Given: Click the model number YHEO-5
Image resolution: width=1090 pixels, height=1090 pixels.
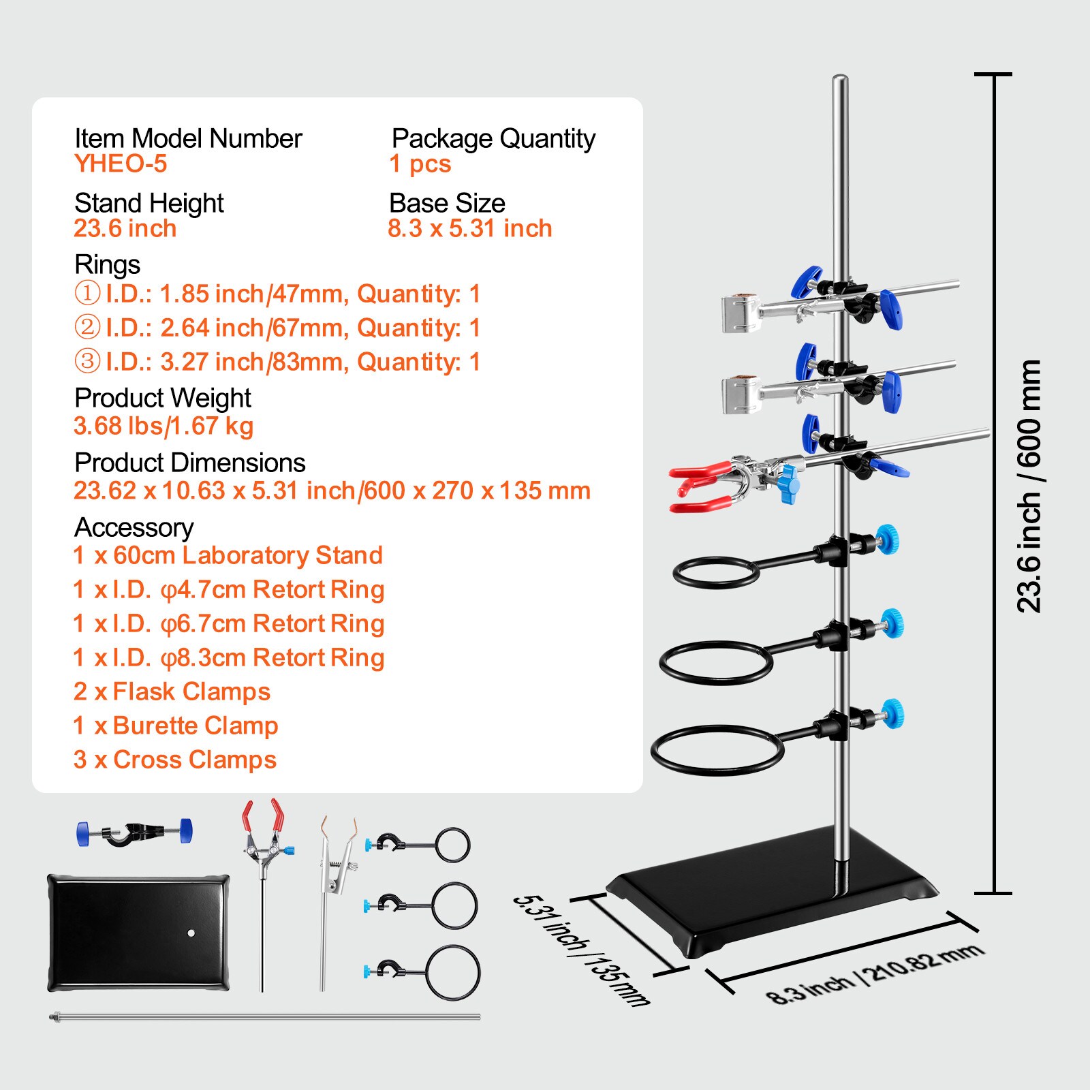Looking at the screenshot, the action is tap(121, 163).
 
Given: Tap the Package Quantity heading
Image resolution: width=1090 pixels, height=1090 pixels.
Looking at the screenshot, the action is tap(493, 138).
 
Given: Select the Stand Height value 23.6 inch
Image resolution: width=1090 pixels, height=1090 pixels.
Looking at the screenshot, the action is tap(125, 228).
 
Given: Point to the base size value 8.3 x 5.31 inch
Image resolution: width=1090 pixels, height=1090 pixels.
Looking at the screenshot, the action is tap(469, 228).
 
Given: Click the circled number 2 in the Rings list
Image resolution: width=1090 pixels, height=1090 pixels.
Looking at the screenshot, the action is tap(87, 327).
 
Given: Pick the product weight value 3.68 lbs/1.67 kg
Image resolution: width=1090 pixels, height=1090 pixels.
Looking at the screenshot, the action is tap(163, 426).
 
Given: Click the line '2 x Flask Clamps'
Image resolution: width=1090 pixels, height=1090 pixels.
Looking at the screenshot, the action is tap(172, 691).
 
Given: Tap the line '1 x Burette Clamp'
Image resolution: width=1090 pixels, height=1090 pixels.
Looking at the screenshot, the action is tap(176, 726).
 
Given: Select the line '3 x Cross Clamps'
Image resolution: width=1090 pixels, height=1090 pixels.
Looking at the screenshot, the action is tap(175, 760).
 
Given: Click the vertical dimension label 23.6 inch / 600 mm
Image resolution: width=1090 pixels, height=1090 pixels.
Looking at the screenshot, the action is tap(1029, 486).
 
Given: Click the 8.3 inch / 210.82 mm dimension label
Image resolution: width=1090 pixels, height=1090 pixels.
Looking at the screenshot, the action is tap(875, 974).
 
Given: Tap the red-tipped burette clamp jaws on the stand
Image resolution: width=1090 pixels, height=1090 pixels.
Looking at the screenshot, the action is tap(702, 486).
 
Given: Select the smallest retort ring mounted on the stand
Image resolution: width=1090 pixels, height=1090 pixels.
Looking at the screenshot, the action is tap(715, 572).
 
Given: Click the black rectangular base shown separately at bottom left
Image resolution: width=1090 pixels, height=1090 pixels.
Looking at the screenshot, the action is tap(138, 933).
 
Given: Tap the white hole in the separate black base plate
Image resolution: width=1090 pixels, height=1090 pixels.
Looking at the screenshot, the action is tap(191, 933).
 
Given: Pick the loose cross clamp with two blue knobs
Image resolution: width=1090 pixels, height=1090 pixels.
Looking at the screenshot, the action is tap(134, 832).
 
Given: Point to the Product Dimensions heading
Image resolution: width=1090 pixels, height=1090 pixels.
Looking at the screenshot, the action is tap(190, 463).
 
